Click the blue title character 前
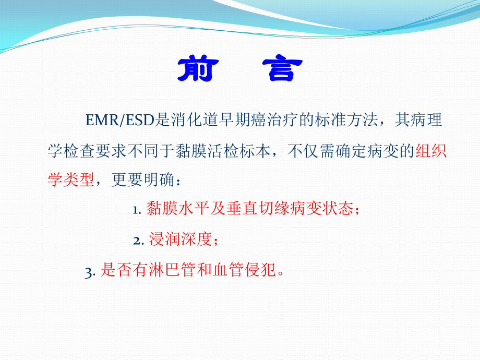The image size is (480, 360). (198, 68)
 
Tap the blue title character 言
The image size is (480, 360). (282, 68)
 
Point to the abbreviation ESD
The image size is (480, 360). (140, 120)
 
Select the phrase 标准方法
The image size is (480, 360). (346, 119)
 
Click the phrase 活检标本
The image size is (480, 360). (239, 151)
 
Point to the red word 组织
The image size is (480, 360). (431, 151)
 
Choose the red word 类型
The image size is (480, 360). (79, 179)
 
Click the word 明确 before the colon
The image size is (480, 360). (159, 179)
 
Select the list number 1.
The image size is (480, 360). (137, 210)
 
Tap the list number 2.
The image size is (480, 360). (139, 241)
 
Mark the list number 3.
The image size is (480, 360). (90, 272)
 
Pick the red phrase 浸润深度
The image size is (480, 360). (181, 239)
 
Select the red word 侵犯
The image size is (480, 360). (260, 270)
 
